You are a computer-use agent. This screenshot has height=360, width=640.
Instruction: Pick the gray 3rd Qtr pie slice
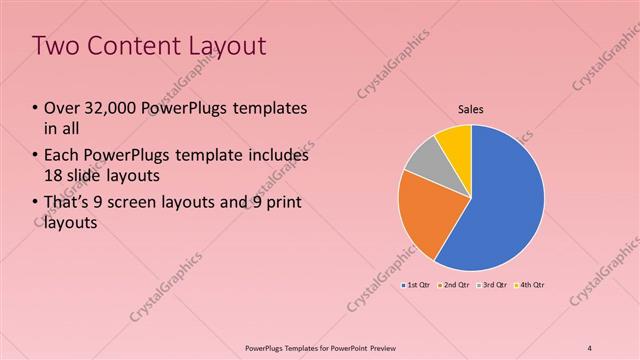(x=422, y=160)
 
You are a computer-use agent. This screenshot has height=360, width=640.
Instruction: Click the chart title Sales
(x=471, y=109)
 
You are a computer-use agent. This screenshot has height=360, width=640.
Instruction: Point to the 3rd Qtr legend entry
(x=492, y=285)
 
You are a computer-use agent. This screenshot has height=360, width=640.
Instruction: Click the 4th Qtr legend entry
(x=530, y=285)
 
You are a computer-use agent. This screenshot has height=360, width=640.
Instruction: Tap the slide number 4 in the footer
(x=590, y=347)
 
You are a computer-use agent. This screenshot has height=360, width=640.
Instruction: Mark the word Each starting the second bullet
(x=60, y=156)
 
